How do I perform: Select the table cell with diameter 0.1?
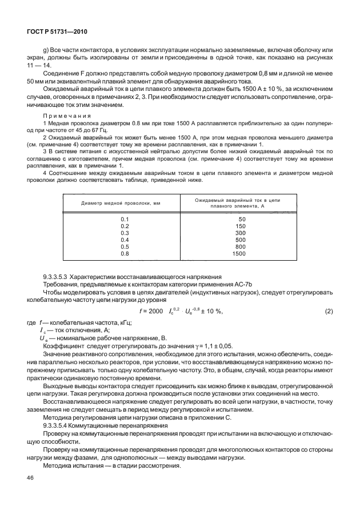pyautogui.click(x=125, y=219)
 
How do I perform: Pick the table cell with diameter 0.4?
pyautogui.click(x=125, y=240)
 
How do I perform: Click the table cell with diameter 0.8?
pyautogui.click(x=125, y=253)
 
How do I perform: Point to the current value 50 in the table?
pyautogui.click(x=241, y=219)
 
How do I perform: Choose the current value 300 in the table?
pyautogui.click(x=241, y=233)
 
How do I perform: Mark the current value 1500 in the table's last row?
pyautogui.click(x=239, y=253)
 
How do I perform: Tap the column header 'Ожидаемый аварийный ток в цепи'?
pyautogui.click(x=240, y=200)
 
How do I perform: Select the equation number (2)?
pyautogui.click(x=329, y=310)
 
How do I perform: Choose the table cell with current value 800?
pyautogui.click(x=241, y=246)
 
